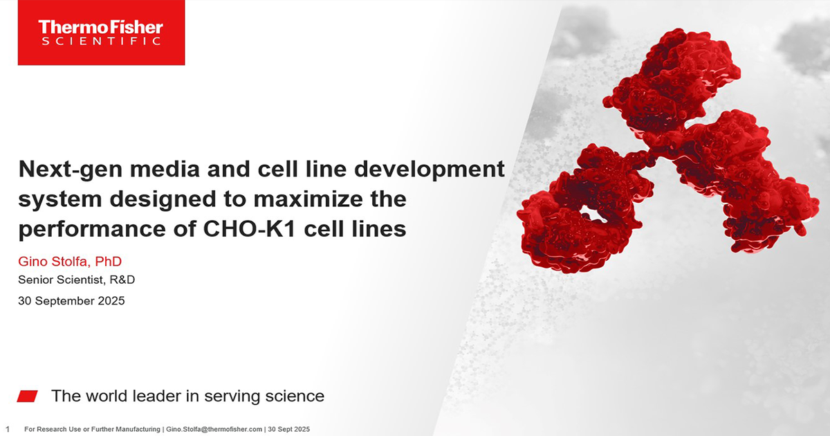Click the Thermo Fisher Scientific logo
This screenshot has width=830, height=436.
[x=101, y=32]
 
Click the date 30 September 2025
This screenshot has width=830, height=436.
[x=71, y=301]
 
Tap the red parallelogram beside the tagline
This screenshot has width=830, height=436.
[x=27, y=396]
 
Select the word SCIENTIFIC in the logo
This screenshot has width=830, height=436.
[x=101, y=42]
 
